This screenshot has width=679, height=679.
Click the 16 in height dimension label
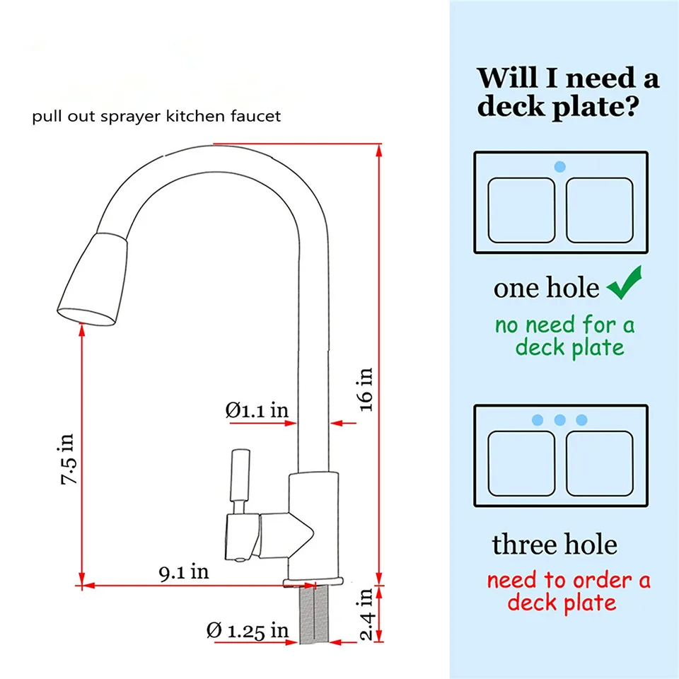[x=366, y=389]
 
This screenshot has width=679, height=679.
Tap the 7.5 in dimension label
[x=68, y=459]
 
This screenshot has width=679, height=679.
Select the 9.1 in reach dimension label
[x=184, y=572]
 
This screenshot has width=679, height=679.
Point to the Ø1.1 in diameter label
[x=257, y=410]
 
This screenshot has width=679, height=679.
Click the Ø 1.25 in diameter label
[x=248, y=630]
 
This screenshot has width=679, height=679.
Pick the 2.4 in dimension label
[x=366, y=614]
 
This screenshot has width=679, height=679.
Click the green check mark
[x=625, y=283]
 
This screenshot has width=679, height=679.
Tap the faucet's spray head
[x=92, y=279]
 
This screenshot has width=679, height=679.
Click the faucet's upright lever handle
[x=240, y=475]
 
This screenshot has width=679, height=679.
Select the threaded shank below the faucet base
[x=314, y=614]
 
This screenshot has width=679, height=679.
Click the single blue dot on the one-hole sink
[x=560, y=167]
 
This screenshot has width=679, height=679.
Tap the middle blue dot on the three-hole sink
[x=560, y=419]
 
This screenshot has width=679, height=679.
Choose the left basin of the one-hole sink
[x=521, y=210]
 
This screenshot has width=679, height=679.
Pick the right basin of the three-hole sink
[x=600, y=463]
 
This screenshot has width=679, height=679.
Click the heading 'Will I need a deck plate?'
[x=568, y=92]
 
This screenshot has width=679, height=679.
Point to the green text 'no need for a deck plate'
[x=565, y=336]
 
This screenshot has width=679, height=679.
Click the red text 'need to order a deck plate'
[x=568, y=591]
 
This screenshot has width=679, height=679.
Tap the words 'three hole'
[x=555, y=545]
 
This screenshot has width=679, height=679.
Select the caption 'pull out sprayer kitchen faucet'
[x=156, y=116]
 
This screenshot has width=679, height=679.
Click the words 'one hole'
[x=547, y=288]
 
